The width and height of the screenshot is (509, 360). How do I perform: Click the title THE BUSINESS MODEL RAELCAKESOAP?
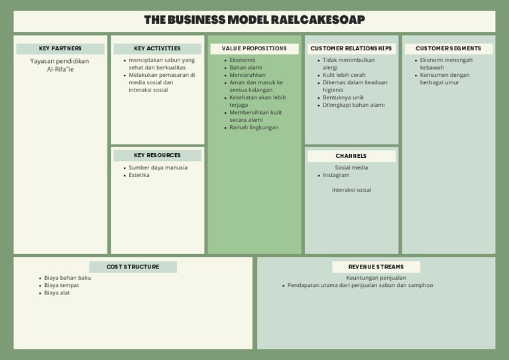coord(254,20)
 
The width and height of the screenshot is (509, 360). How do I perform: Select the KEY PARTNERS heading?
coord(60,48)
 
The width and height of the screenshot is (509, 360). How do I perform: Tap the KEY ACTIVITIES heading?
coord(157,48)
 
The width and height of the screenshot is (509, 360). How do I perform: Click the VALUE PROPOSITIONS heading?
coord(254,48)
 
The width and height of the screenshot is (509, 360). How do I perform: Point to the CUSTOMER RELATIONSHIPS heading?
coord(351,48)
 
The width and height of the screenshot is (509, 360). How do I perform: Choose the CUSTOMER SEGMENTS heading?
coord(449,48)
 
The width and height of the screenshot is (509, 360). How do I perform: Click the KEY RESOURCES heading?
coord(157,155)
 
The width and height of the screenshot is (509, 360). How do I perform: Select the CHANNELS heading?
coord(351,156)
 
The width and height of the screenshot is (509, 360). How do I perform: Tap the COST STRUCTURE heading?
coord(133,267)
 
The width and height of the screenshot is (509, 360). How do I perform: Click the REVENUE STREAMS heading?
coord(376,267)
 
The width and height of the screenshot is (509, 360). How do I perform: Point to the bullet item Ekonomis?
coord(243,60)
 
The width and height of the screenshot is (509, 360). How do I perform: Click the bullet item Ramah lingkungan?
coord(254,127)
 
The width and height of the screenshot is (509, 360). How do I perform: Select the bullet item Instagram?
coord(336,175)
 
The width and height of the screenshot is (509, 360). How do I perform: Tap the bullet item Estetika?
coord(139,175)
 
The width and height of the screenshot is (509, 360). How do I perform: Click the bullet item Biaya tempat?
coord(62,285)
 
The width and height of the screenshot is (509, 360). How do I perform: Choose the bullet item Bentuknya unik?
coord(343,97)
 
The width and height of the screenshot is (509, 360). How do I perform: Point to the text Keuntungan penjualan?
coord(376,278)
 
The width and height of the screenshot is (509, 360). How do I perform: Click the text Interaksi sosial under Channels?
coord(351,190)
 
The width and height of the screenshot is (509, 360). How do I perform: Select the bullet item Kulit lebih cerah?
coord(344,75)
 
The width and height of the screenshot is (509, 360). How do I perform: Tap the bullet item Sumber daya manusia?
coord(158,168)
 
